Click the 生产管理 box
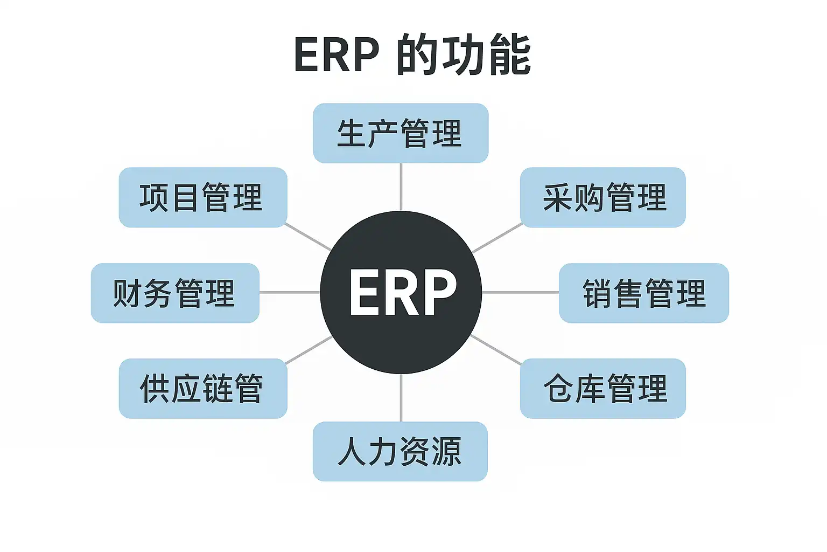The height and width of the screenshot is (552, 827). [401, 133]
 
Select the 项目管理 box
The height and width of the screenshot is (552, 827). [203, 197]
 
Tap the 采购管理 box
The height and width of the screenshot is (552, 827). [602, 197]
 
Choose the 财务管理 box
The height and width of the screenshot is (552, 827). [175, 293]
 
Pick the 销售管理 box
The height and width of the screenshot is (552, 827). [643, 293]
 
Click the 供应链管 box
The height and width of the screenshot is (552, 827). [203, 389]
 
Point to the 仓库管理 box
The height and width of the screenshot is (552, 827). [602, 389]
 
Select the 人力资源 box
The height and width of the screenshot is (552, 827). [400, 452]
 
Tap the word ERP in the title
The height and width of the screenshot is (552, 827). [337, 55]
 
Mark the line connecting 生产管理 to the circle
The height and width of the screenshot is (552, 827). [401, 187]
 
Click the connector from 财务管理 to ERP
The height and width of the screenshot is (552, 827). [290, 293]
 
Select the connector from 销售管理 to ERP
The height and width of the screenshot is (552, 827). [520, 293]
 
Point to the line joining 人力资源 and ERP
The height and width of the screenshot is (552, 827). [401, 398]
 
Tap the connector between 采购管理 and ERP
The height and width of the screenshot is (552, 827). [497, 238]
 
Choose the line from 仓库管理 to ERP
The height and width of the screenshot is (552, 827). [496, 349]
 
